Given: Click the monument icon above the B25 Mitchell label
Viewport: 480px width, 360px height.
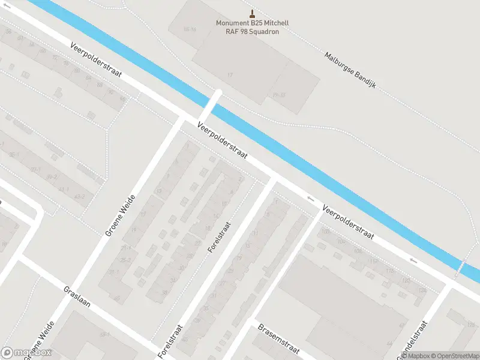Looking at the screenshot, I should [x=252, y=14].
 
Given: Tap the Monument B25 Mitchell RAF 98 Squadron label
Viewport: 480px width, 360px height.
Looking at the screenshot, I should [x=252, y=27].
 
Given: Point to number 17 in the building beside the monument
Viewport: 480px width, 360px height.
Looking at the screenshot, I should [x=230, y=74].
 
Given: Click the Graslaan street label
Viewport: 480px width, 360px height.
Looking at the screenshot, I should [x=77, y=296].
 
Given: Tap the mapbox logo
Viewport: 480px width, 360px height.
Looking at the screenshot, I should [x=26, y=353].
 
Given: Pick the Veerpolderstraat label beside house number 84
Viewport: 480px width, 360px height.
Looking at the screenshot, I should [x=95, y=59].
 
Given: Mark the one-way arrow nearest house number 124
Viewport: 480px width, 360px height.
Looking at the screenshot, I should [x=412, y=260].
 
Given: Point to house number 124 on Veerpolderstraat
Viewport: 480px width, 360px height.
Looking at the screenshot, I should [x=422, y=290].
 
